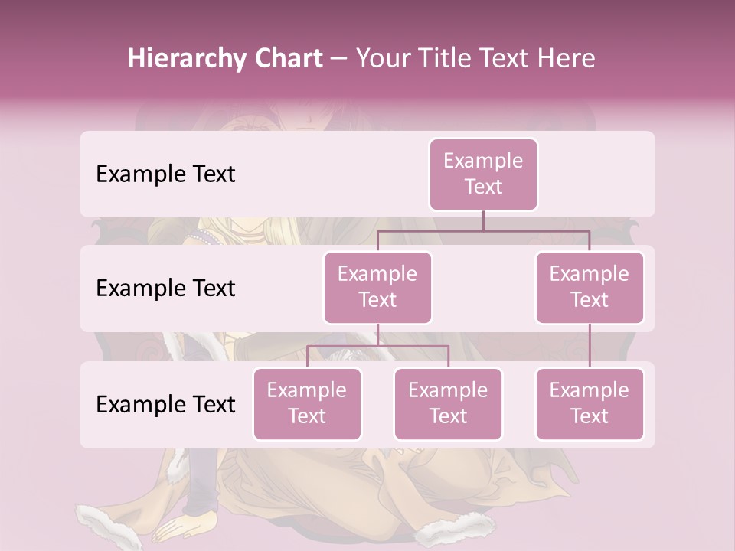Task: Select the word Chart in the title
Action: (284, 59)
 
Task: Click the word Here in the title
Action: (564, 59)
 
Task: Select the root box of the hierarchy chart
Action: (483, 174)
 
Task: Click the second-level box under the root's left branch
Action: (377, 288)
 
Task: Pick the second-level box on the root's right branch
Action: (590, 288)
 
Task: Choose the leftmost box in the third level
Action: (307, 404)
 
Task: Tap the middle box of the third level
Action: (448, 404)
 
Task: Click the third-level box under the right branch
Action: (590, 404)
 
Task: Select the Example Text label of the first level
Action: (165, 174)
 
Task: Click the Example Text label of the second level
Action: (165, 289)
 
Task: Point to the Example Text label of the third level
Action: (165, 405)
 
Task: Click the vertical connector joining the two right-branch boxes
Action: (590, 346)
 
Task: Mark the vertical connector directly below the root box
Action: (483, 220)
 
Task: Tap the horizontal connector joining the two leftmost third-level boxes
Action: (377, 346)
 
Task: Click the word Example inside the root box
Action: (483, 161)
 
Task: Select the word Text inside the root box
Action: (483, 187)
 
